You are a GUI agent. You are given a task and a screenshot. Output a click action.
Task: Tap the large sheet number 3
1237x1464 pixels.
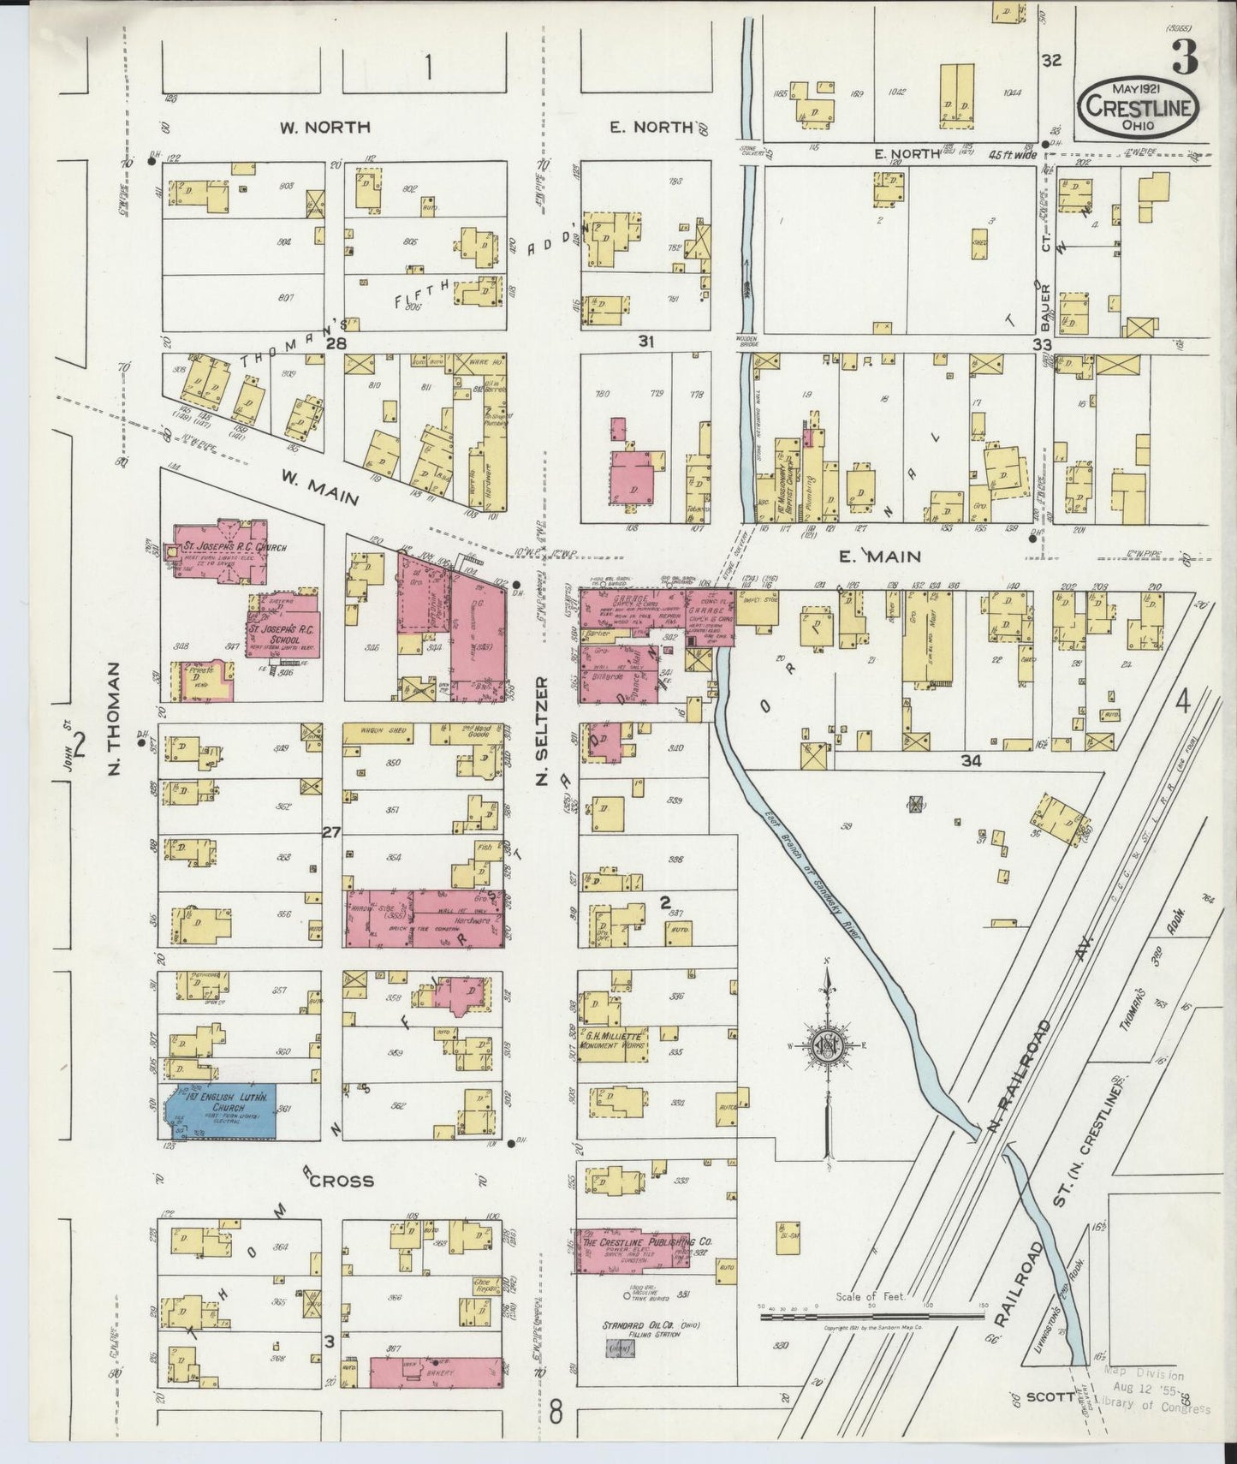pyautogui.click(x=1186, y=56)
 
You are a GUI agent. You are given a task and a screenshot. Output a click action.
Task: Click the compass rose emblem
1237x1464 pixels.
pyautogui.click(x=828, y=1045)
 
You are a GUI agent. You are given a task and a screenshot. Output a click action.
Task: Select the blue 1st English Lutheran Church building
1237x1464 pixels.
pyautogui.click(x=221, y=1111)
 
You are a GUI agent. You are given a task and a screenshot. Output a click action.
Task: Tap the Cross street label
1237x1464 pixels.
pyautogui.click(x=342, y=1181)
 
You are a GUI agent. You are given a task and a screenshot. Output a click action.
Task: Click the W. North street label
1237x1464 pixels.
pyautogui.click(x=324, y=128)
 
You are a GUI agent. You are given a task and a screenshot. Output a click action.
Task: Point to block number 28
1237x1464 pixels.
pyautogui.click(x=335, y=343)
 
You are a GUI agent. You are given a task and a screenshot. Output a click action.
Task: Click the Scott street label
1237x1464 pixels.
pyautogui.click(x=1050, y=1396)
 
